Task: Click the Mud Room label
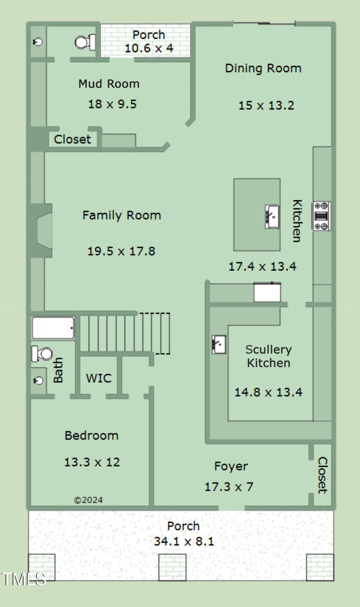pyautogui.click(x=109, y=84)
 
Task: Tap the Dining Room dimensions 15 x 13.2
pyautogui.click(x=266, y=105)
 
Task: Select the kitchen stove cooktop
pyautogui.click(x=321, y=216)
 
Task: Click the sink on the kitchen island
pyautogui.click(x=272, y=216)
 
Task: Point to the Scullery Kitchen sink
pyautogui.click(x=219, y=344)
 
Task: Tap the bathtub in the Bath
pyautogui.click(x=53, y=328)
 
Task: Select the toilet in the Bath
pyautogui.click(x=42, y=354)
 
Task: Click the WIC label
pyautogui.click(x=99, y=378)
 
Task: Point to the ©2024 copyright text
pyautogui.click(x=88, y=500)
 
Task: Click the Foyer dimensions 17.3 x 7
pyautogui.click(x=229, y=487)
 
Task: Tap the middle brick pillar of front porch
pyautogui.click(x=172, y=567)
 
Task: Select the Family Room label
pyautogui.click(x=122, y=215)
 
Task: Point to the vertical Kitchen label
pyautogui.click(x=297, y=221)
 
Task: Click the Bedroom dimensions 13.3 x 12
pyautogui.click(x=92, y=462)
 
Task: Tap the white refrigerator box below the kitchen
pyautogui.click(x=267, y=292)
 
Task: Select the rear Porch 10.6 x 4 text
pyautogui.click(x=149, y=42)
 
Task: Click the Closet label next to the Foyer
pyautogui.click(x=322, y=475)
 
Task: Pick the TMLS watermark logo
pyautogui.click(x=23, y=579)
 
